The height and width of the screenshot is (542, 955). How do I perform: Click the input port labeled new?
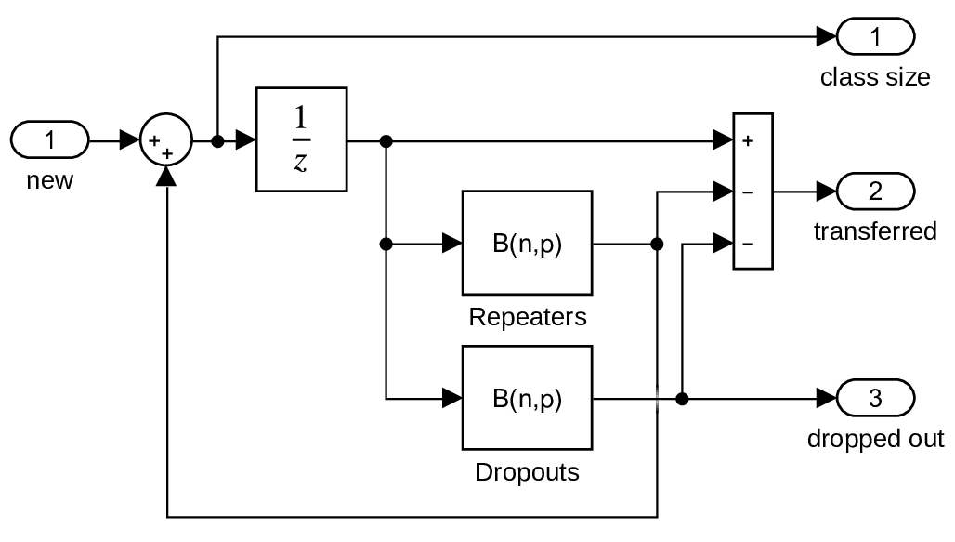[50, 141]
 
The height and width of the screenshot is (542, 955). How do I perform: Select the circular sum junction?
[165, 142]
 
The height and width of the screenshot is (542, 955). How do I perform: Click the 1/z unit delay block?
[300, 139]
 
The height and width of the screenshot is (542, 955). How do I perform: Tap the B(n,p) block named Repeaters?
[527, 245]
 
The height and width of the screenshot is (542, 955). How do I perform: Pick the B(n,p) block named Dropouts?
[527, 399]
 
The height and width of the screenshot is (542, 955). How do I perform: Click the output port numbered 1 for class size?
[875, 37]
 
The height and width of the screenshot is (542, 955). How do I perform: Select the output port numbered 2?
[875, 192]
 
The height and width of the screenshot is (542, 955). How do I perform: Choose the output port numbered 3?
[875, 399]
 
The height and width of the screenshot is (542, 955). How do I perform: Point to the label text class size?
[874, 77]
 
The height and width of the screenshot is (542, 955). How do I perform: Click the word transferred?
[875, 231]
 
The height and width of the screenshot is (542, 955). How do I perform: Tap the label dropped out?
[875, 439]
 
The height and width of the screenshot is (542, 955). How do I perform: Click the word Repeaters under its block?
[527, 317]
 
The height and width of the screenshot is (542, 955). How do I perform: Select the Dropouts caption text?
[527, 472]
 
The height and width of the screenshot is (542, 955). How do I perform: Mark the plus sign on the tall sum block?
[747, 142]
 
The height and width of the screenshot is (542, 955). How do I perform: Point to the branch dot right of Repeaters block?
[658, 245]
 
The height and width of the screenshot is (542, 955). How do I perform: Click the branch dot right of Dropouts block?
[682, 399]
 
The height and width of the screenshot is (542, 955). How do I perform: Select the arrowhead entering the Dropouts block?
[452, 399]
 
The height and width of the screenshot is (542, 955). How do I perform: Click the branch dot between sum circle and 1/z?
[217, 142]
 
